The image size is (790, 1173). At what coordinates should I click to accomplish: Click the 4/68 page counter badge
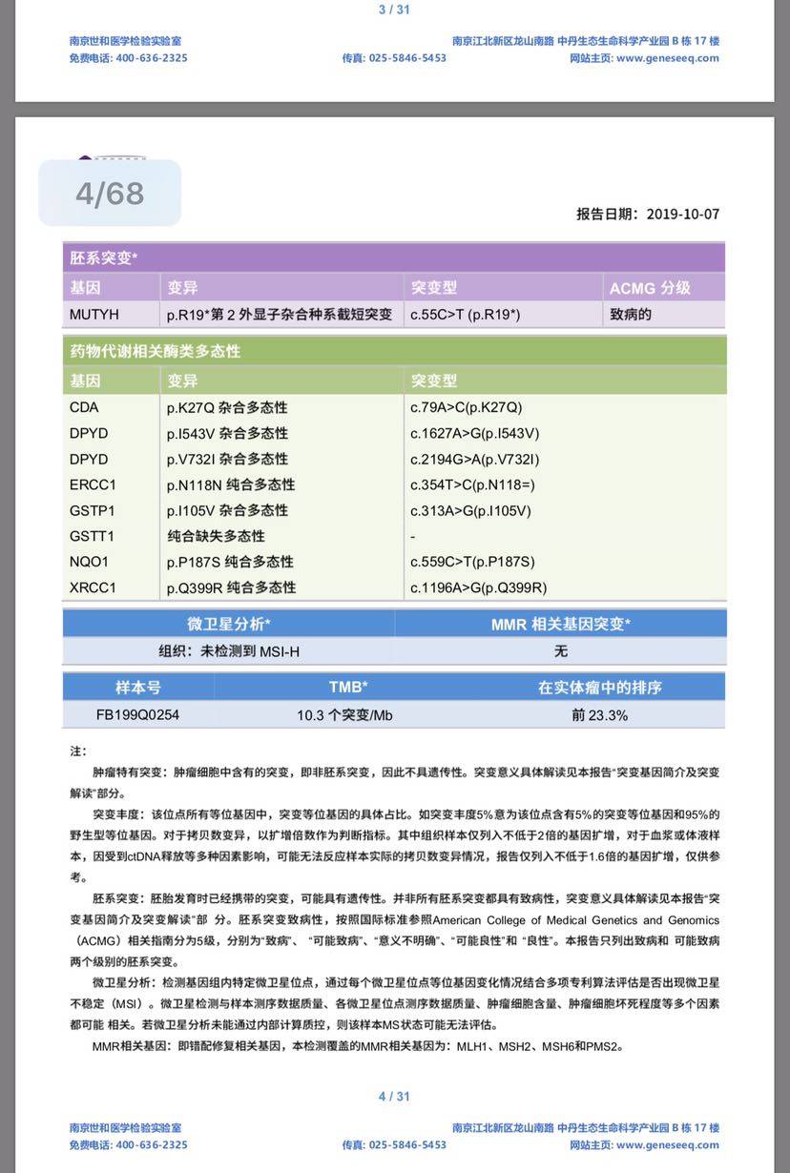click(x=110, y=194)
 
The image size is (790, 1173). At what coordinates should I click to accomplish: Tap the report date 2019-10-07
click(x=682, y=215)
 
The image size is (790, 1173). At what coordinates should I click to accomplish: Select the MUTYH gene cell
click(x=94, y=314)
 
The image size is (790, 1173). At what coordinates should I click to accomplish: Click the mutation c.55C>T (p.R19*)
click(x=466, y=314)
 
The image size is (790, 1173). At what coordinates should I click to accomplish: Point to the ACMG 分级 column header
click(x=650, y=287)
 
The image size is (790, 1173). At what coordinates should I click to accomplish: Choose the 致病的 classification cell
click(x=631, y=314)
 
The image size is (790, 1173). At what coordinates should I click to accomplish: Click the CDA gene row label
click(x=84, y=407)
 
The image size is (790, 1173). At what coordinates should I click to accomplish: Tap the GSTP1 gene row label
click(x=93, y=510)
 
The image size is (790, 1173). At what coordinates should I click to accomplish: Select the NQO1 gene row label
click(x=89, y=562)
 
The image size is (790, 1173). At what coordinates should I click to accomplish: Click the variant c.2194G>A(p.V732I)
click(x=475, y=459)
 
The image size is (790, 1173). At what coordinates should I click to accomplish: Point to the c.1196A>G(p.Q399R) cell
click(x=479, y=587)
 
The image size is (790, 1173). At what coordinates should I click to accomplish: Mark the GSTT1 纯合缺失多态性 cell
click(x=216, y=536)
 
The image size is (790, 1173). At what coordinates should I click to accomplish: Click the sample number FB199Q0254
click(x=137, y=714)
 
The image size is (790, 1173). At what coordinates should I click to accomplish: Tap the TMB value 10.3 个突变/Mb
click(x=344, y=714)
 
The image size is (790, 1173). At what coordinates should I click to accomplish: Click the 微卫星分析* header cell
click(x=229, y=625)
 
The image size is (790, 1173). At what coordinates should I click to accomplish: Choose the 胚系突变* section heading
click(x=104, y=257)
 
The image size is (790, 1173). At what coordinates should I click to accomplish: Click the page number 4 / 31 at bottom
click(x=394, y=1096)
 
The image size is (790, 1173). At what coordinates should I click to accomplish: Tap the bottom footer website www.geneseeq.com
click(x=668, y=1144)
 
